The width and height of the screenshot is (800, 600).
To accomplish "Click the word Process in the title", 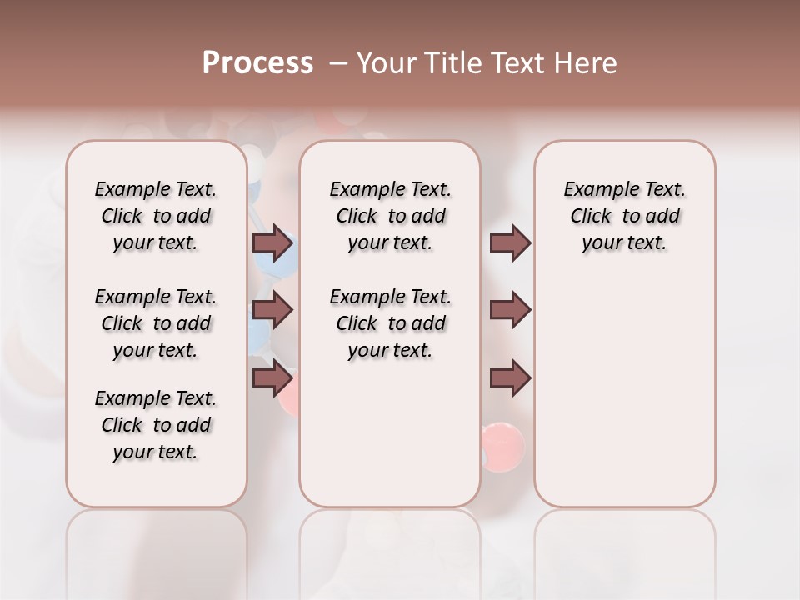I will coord(257,63).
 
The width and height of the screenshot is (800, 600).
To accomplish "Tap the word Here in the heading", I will coord(585,63).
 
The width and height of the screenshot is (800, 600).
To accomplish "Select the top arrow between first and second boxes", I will coord(272,243).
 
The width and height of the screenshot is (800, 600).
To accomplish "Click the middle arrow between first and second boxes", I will coord(272,311).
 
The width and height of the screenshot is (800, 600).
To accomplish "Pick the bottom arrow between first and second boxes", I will coord(272,379).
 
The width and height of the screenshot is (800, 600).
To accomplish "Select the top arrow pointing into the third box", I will coord(510,243).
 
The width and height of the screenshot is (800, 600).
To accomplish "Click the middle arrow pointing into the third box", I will coord(510,311).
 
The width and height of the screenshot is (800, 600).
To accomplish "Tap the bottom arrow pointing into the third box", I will coord(510,379).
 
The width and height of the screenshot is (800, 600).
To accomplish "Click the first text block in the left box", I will coord(156,216).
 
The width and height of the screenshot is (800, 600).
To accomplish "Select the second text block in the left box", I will coord(156,323).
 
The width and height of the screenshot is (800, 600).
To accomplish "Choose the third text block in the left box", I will coord(156,425).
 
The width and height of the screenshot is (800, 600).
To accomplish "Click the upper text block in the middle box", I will coord(390,216).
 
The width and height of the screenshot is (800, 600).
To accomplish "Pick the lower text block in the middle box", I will coord(390,323).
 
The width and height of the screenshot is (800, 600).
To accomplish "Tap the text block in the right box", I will coord(624,216).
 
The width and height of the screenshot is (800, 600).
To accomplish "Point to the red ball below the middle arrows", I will coord(502,441).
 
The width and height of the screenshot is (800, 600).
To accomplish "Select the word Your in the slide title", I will coord(379,63).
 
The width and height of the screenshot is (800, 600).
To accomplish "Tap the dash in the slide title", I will coord(337,63).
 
